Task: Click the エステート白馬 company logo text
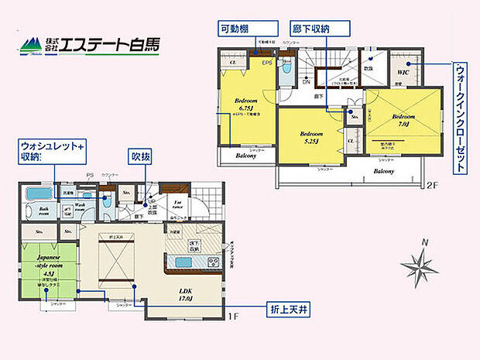[111, 44]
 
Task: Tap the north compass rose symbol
[421, 265]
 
